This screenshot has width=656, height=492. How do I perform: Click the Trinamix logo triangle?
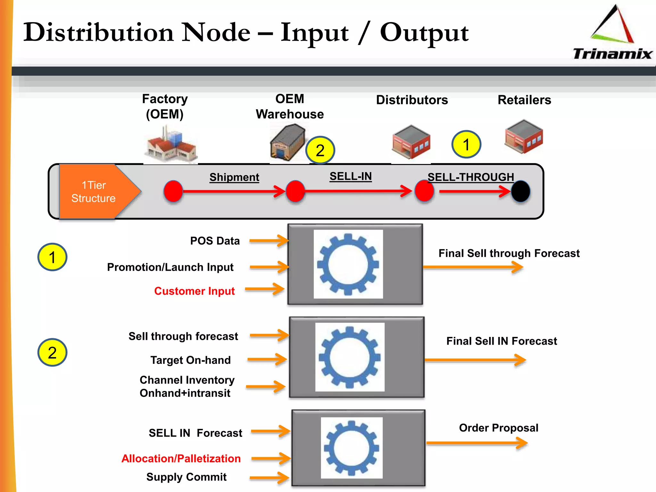click(612, 26)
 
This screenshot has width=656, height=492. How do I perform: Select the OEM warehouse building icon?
click(287, 143)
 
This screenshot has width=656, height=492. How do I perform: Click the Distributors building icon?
click(411, 142)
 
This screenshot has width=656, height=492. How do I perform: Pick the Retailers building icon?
click(524, 137)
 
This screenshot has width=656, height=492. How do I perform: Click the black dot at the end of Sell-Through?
click(521, 191)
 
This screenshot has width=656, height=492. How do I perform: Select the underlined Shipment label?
click(234, 177)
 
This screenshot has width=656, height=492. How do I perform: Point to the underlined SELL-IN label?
click(350, 176)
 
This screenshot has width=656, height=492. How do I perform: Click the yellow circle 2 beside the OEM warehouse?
click(320, 150)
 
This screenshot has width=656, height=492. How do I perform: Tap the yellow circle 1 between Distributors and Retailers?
click(466, 144)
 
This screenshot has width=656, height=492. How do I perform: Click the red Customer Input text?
click(194, 291)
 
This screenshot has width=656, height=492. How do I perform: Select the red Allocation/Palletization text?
click(181, 458)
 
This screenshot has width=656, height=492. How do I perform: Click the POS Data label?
click(215, 241)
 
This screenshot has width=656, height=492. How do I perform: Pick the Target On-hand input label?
click(191, 360)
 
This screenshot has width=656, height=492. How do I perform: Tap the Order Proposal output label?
click(498, 428)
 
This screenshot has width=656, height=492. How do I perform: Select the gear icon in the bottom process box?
click(351, 447)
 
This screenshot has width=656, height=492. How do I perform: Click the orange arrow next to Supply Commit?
click(269, 478)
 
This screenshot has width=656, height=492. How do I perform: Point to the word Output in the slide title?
click(424, 33)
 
